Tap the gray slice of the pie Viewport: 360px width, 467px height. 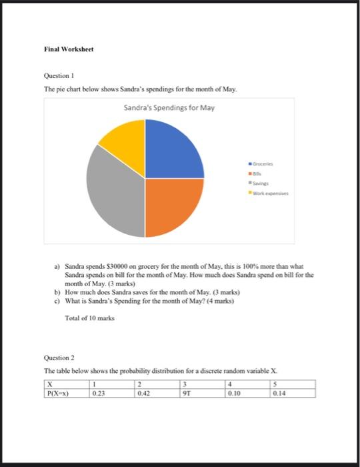pyautogui.click(x=113, y=193)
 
